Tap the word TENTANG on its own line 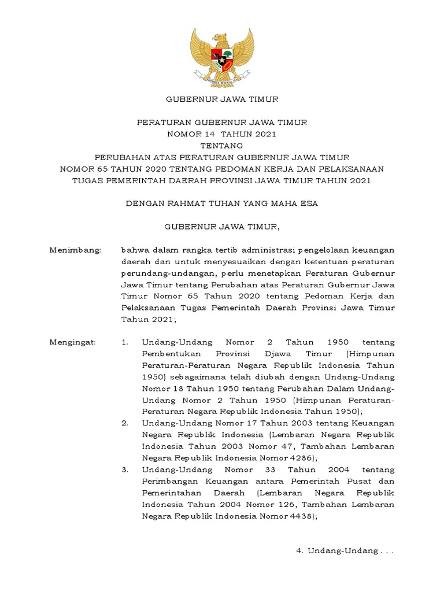(222, 145)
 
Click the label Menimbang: (75, 250)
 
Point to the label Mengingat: (73, 342)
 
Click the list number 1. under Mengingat (125, 342)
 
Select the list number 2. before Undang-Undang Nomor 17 (125, 423)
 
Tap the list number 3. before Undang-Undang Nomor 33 (125, 469)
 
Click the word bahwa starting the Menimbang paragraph (134, 250)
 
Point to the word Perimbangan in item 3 (171, 481)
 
